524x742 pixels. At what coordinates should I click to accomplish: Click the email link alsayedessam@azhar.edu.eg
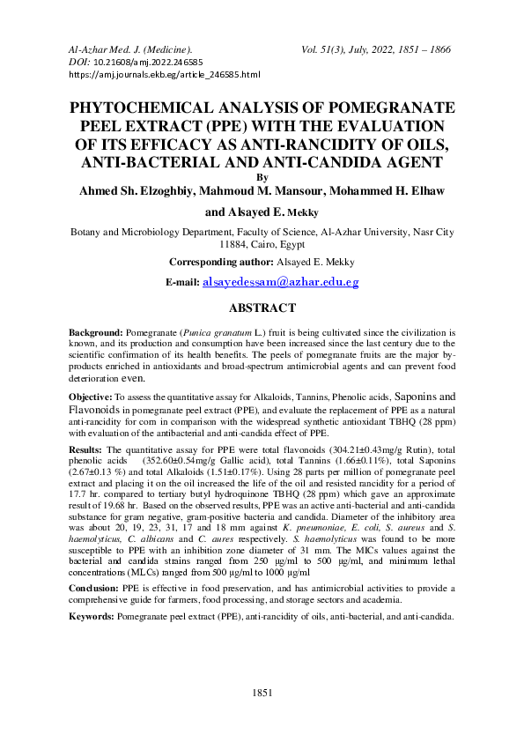(x=281, y=282)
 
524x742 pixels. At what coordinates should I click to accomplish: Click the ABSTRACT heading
(x=262, y=308)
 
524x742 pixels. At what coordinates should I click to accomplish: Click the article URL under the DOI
(x=164, y=76)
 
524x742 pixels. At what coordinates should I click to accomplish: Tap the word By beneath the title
(x=262, y=176)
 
